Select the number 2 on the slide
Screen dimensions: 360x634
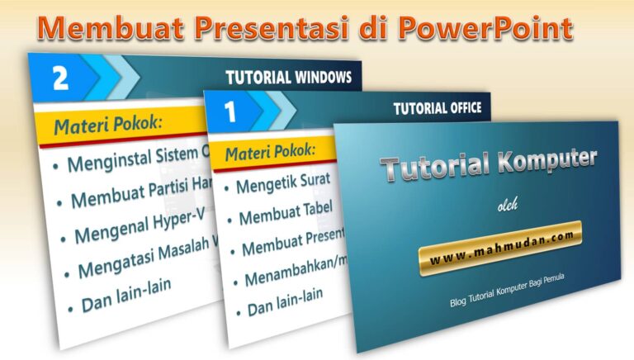[x=59, y=78]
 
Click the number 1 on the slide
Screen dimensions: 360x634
[x=234, y=109]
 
